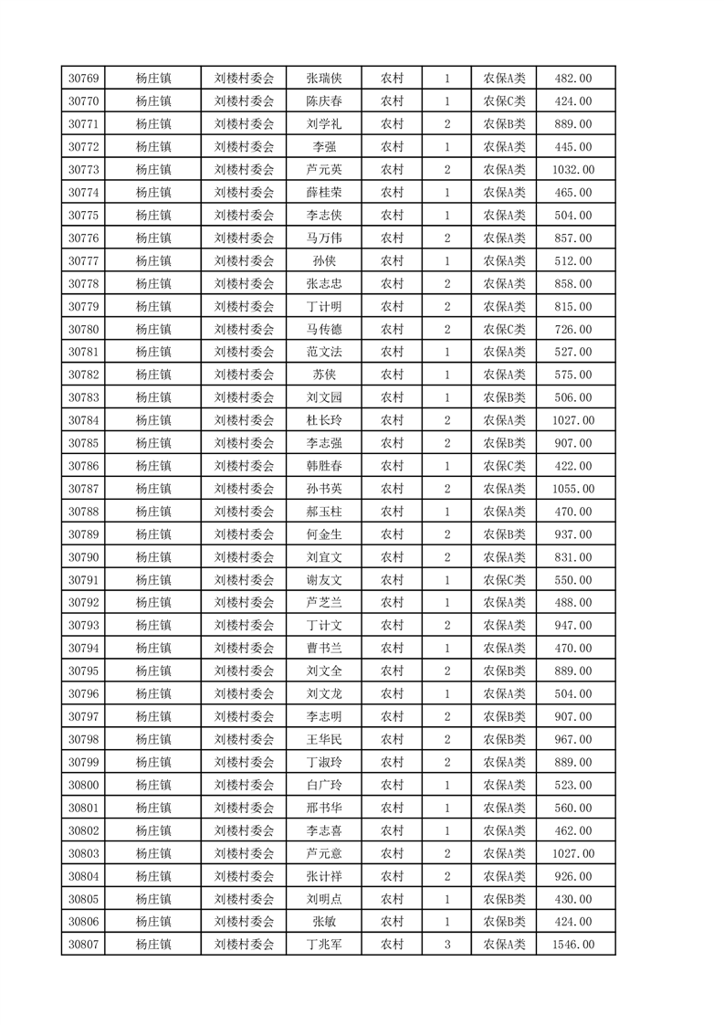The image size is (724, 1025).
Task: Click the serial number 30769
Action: pos(83,79)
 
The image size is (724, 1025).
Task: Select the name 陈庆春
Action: pos(324,101)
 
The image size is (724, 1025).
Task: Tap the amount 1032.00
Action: pos(573,170)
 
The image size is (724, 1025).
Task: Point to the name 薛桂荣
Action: pos(324,193)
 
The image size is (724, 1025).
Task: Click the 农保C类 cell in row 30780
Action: pos(504,330)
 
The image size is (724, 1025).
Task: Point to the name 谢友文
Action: pos(324,580)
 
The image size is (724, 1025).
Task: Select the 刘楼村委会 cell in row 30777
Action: pos(244,261)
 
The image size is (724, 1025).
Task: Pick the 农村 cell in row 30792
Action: pos(392,603)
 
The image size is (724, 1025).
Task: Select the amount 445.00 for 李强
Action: pos(573,147)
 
